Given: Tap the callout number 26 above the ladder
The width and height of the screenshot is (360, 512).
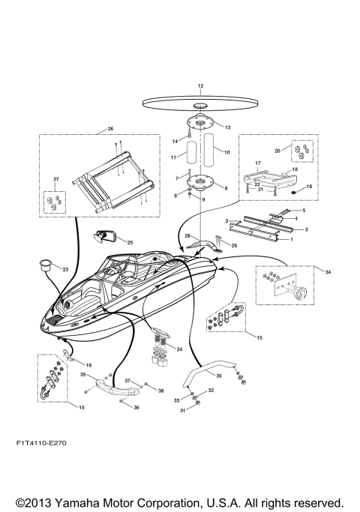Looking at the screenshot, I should (x=109, y=129).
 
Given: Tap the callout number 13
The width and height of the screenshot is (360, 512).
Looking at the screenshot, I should (x=227, y=128).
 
